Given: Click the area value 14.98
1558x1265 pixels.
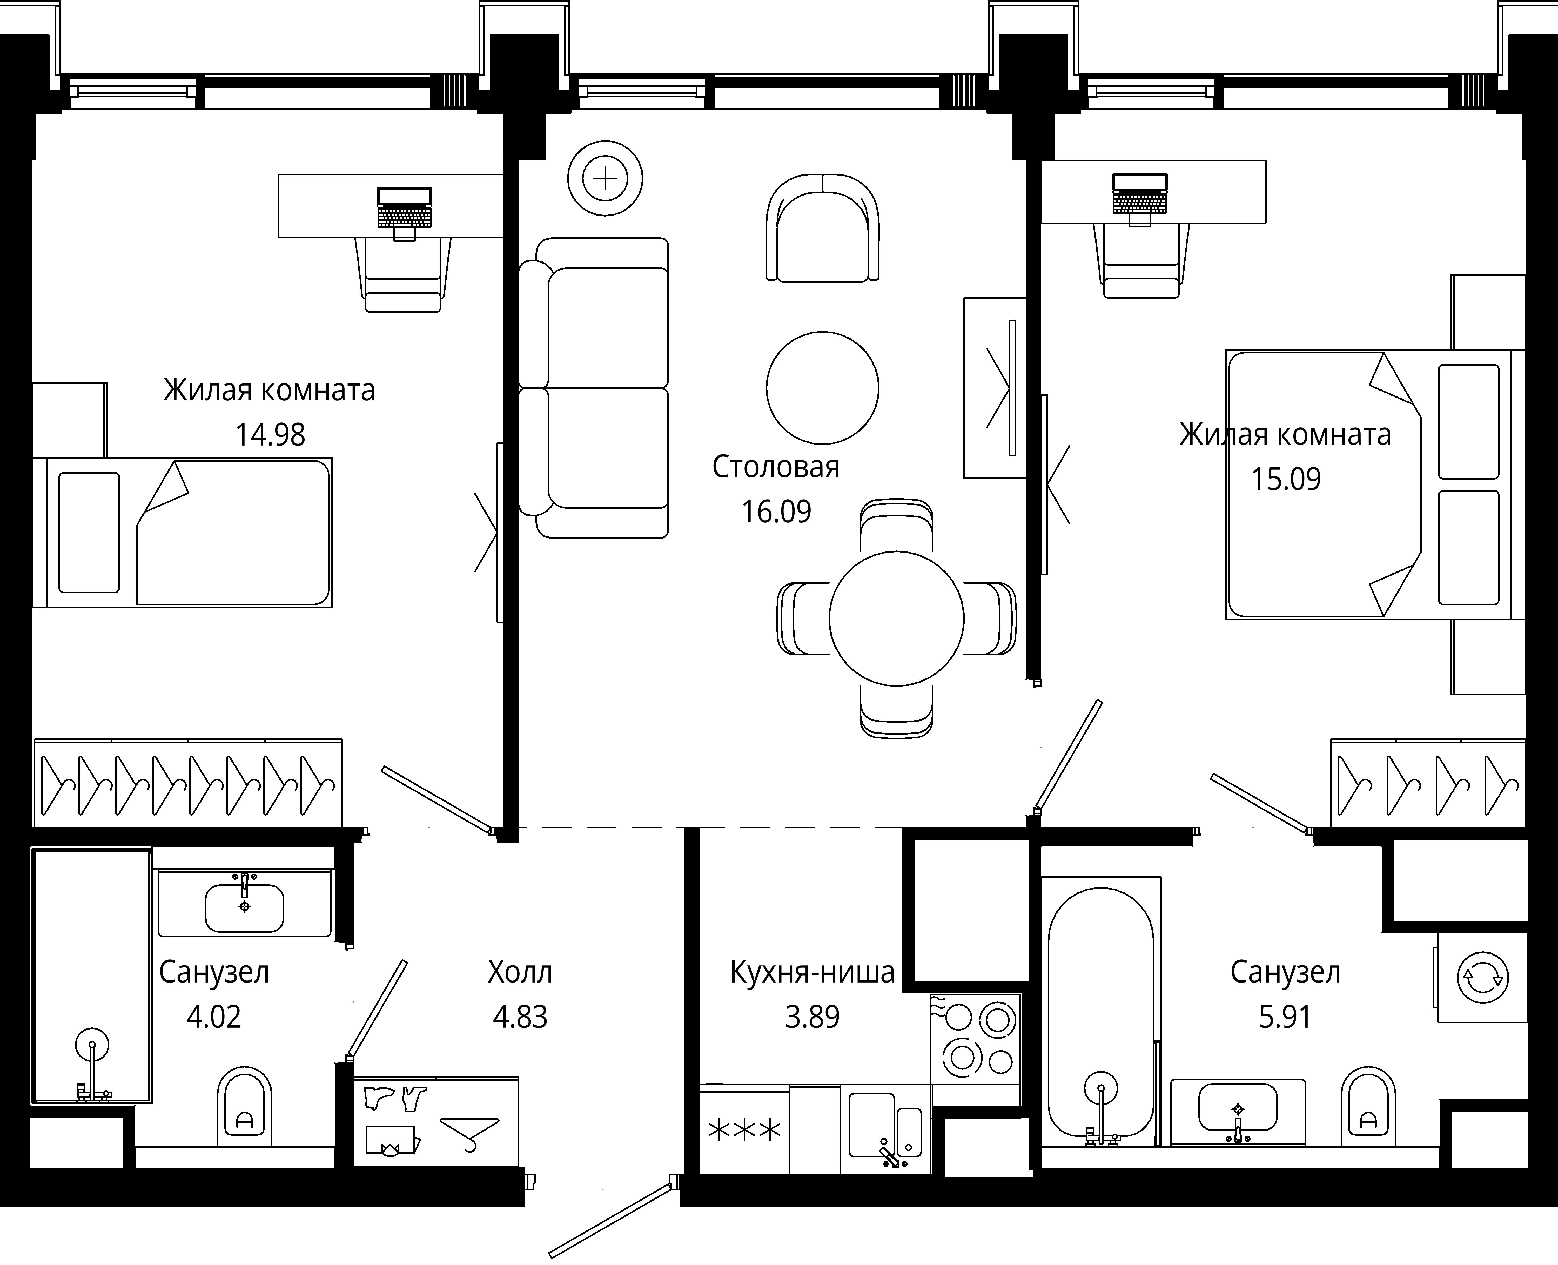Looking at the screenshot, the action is coord(270,435).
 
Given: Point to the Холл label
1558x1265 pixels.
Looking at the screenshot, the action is coord(520,972).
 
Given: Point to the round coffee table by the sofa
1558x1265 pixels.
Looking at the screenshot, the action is coord(822,388).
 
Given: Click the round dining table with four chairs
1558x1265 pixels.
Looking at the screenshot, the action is coord(896,619).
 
